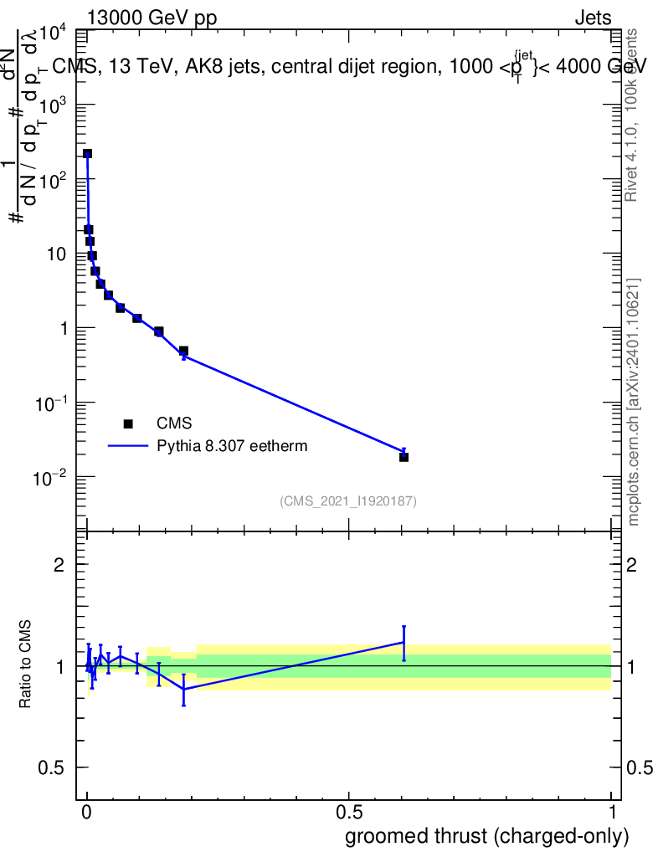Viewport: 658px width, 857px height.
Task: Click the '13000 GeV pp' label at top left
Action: [152, 19]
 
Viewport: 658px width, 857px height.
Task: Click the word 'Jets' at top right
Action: [592, 19]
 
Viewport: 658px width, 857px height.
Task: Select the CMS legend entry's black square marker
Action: [128, 424]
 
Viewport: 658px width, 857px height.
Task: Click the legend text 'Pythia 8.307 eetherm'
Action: [232, 446]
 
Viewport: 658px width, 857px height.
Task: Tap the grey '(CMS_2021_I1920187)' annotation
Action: [348, 501]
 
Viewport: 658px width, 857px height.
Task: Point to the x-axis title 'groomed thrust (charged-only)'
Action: [486, 836]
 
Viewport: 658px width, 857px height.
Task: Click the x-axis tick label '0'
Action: [86, 812]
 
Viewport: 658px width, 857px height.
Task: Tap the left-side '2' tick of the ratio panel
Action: [60, 565]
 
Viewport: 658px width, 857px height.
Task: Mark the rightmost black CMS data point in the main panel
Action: [404, 457]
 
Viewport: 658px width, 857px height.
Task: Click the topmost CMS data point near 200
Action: [87, 154]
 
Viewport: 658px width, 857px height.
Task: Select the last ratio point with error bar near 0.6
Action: [404, 643]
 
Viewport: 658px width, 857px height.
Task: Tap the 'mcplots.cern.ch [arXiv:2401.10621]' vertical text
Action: [634, 402]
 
